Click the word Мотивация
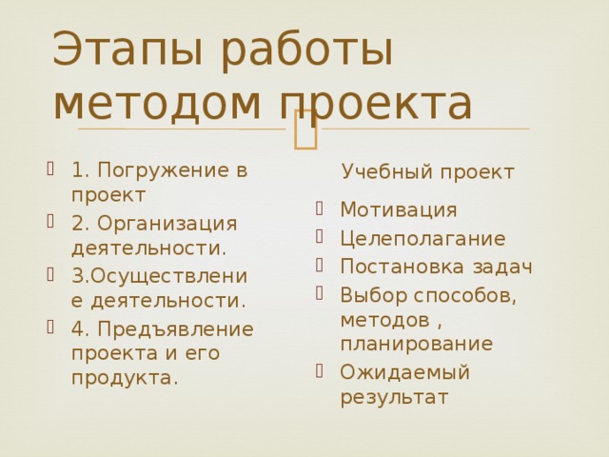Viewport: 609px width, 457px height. tap(398, 209)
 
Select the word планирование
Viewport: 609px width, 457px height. tap(416, 343)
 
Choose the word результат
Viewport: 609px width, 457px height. tap(393, 396)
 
